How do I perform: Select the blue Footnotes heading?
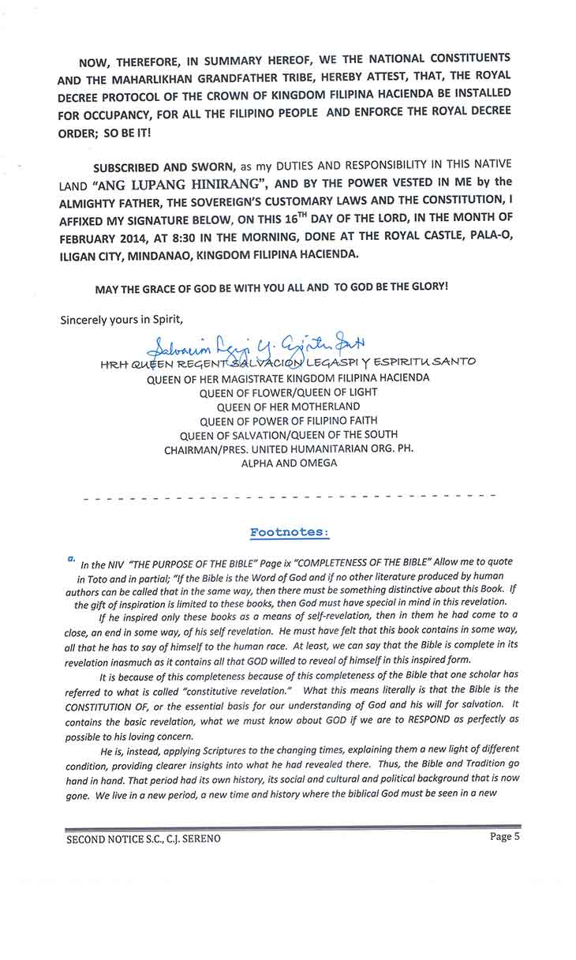(x=287, y=532)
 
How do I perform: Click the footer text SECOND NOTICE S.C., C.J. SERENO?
(x=143, y=838)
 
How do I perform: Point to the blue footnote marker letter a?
(x=72, y=557)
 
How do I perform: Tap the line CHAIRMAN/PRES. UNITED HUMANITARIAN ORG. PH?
(x=289, y=449)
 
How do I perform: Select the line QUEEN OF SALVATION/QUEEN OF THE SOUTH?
(x=289, y=435)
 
